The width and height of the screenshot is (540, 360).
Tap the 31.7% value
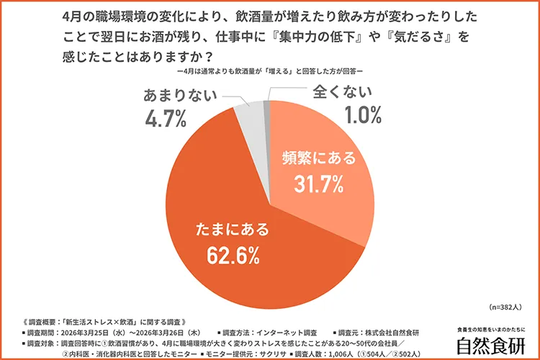coord(316,186)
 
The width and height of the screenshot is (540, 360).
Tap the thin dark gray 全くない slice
coord(267,106)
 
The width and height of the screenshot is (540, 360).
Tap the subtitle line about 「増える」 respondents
coord(270,72)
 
